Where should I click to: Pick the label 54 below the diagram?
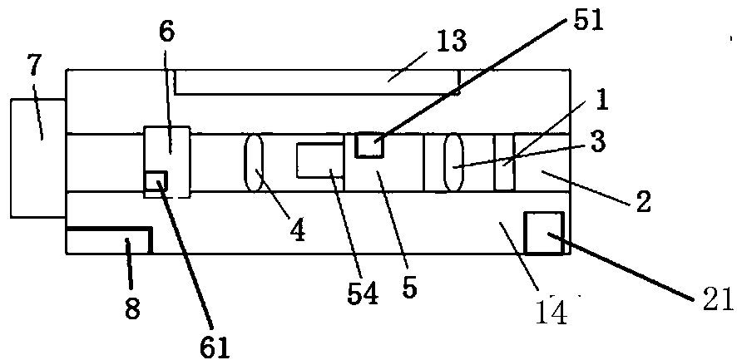point(362,293)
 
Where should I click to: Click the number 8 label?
point(132,307)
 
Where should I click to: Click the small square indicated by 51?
point(368,145)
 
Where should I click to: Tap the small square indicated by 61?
point(156,181)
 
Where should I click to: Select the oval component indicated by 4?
point(254,161)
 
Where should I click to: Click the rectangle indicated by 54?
point(319,160)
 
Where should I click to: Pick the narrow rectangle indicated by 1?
point(504,162)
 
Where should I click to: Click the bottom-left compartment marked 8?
point(106,242)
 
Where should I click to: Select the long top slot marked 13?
point(316,81)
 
